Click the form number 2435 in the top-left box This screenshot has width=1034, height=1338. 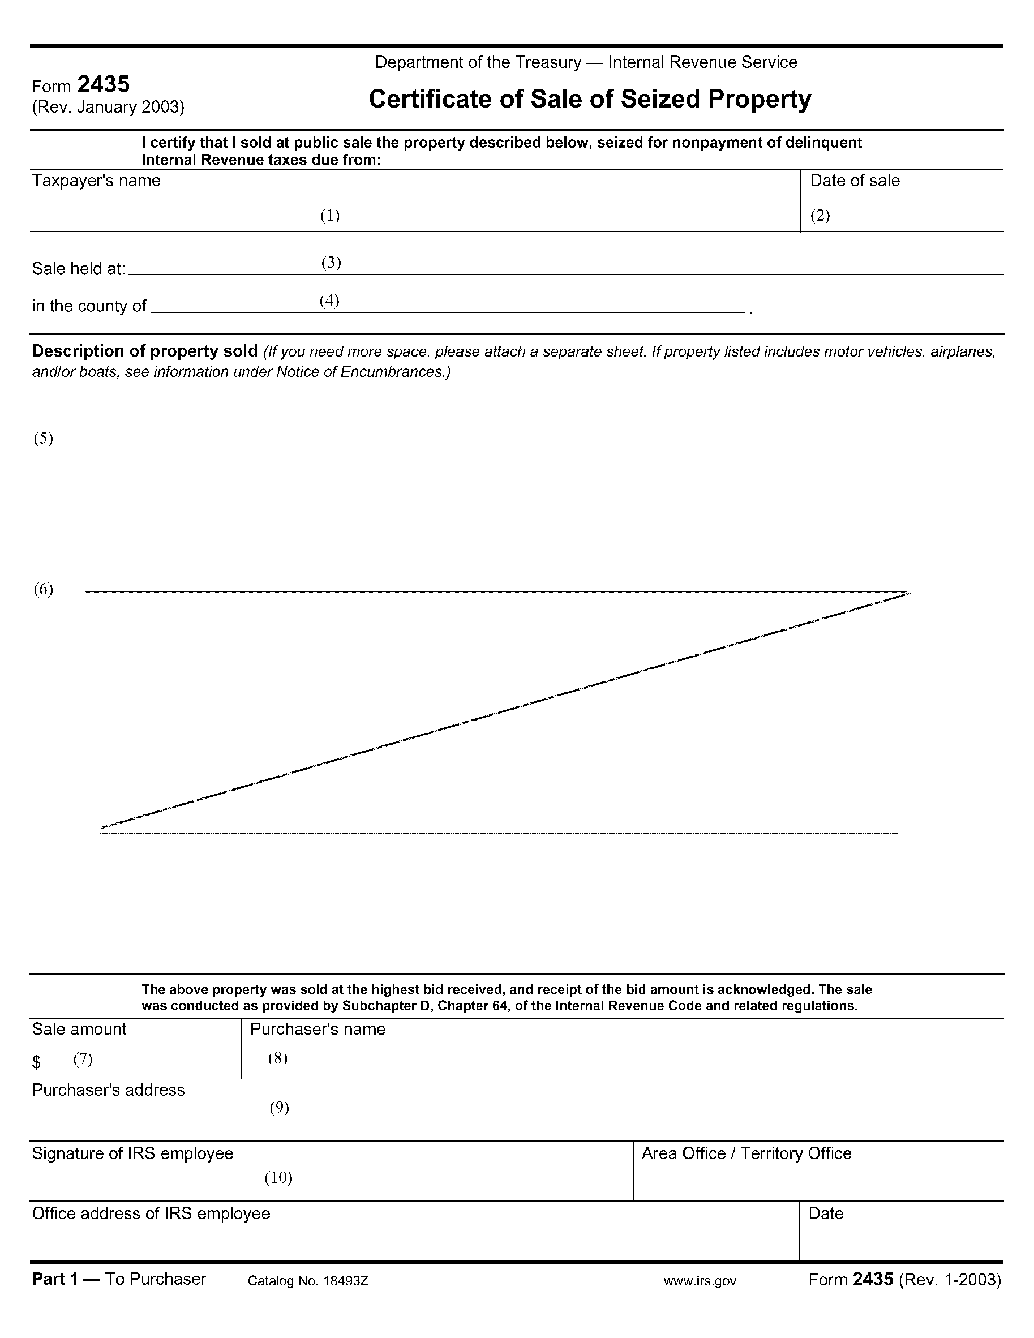104,84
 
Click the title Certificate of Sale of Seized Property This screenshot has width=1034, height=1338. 589,99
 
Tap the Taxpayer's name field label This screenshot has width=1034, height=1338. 96,181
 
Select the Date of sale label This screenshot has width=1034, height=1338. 855,181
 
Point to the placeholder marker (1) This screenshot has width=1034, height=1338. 330,216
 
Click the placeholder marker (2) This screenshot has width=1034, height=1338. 820,216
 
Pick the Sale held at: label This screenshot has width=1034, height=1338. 79,269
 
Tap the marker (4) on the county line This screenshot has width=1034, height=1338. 329,301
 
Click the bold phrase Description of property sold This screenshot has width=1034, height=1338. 144,351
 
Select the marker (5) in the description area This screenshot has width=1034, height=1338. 43,439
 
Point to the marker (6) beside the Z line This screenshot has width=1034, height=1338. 43,589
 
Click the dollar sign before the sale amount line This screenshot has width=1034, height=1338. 37,1062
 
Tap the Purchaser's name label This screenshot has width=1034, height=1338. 318,1029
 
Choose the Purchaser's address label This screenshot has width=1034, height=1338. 109,1090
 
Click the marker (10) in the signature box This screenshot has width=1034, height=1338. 278,1177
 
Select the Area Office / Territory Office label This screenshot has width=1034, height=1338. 746,1153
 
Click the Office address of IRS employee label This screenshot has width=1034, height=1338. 151,1213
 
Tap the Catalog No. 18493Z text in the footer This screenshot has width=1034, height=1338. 307,1281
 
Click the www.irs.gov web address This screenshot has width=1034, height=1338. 700,1281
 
